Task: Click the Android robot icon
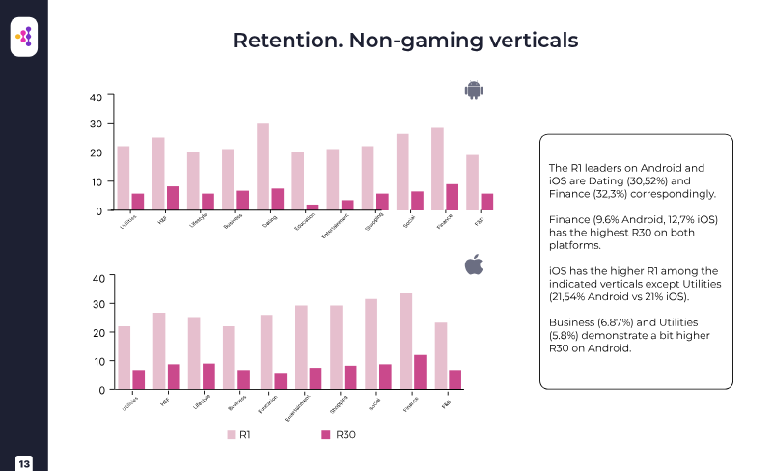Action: tap(473, 91)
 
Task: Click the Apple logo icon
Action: tap(473, 264)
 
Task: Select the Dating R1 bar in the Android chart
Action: tap(262, 166)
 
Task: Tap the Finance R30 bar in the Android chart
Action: tap(453, 197)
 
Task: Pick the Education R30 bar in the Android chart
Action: tap(313, 207)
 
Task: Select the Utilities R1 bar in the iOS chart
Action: tap(124, 357)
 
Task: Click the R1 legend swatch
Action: tap(231, 435)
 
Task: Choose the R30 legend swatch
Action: tap(326, 435)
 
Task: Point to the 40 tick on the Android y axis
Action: tap(96, 97)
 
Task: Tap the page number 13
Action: tap(24, 463)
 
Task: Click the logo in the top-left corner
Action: tap(24, 37)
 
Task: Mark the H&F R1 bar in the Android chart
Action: tap(158, 174)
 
